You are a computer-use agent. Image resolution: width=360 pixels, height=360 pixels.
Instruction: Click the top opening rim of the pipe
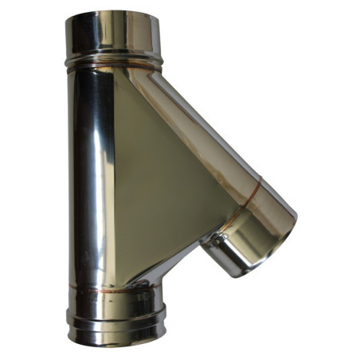(x=111, y=17)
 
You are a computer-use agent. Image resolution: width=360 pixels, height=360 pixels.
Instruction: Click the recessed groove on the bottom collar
(x=119, y=322)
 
